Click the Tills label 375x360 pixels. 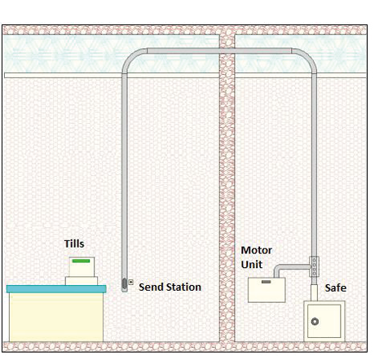coord(74,244)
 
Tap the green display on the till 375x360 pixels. coord(81,261)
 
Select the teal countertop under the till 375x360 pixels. coord(56,288)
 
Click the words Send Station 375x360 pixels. coord(170,287)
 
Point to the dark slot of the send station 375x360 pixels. coord(125,283)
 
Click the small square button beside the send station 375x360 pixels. coord(130,282)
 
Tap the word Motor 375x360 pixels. coord(256,250)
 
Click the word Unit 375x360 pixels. coord(252,264)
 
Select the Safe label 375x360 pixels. coord(336,288)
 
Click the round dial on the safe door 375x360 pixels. coord(315,322)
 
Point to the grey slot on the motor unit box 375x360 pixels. coord(266,282)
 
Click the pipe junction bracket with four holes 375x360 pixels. coord(314,266)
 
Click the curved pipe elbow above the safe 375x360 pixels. coord(308,56)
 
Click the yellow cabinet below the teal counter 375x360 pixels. coord(56,317)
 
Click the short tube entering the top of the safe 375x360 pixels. coord(314,292)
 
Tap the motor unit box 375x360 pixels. coord(267,290)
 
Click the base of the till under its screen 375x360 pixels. coord(82,281)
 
